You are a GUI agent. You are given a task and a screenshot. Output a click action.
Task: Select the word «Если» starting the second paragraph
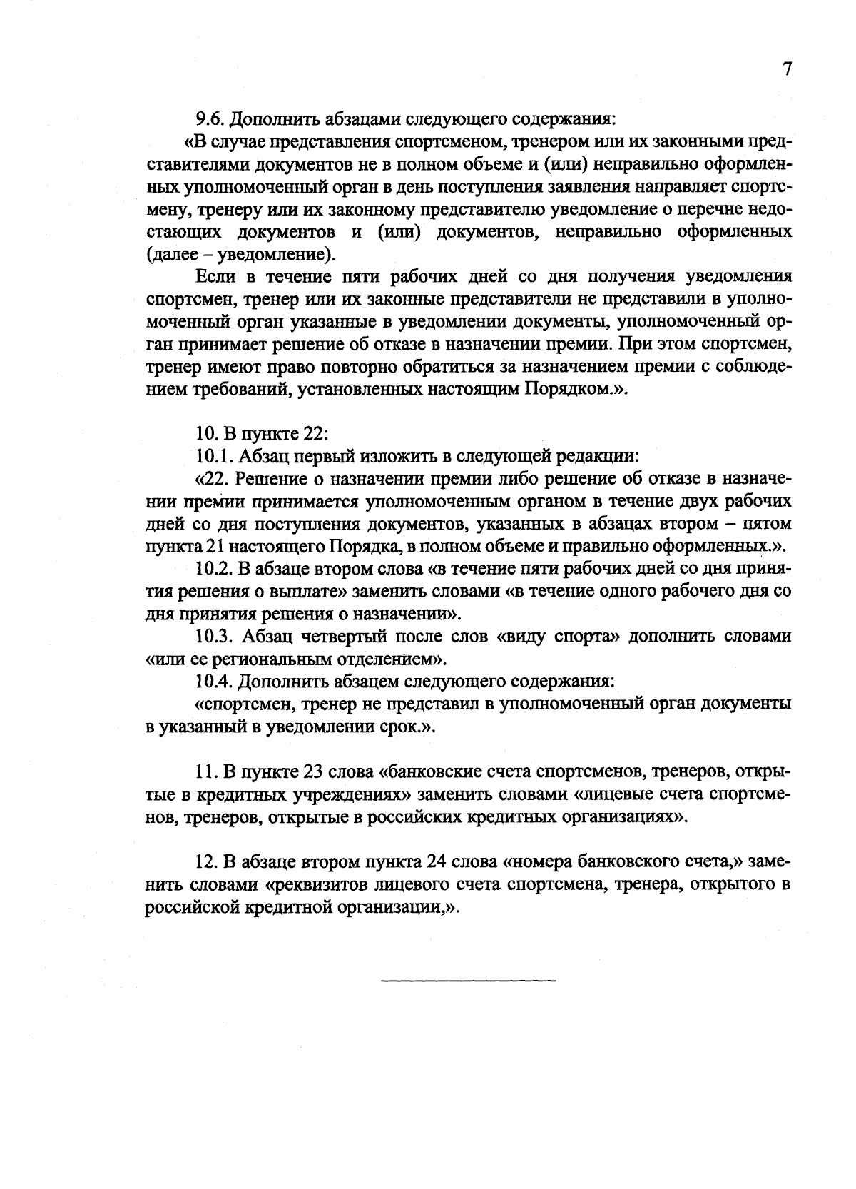coord(214,277)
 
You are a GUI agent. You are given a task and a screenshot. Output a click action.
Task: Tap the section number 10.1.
coord(215,455)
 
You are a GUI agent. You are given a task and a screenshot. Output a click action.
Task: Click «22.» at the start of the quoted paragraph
coord(212,478)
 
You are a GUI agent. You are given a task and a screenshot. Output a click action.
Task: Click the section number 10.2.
coord(215,569)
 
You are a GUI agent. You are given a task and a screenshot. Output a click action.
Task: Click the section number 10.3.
coord(215,636)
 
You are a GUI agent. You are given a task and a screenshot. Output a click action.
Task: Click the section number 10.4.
coord(215,682)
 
